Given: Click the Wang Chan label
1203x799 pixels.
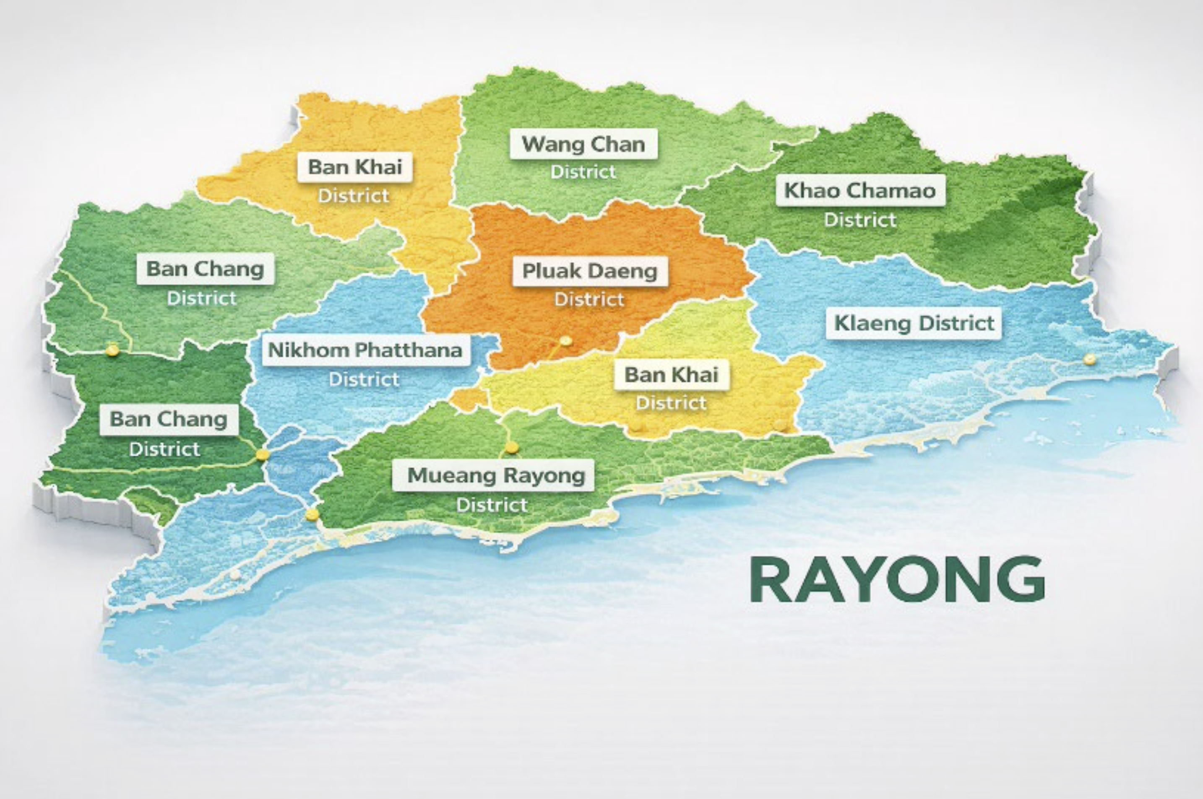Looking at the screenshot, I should click(583, 145).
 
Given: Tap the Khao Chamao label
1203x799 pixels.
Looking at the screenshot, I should click(860, 191).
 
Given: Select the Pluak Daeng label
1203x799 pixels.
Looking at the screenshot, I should click(590, 271).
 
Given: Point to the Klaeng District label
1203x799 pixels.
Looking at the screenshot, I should click(914, 323).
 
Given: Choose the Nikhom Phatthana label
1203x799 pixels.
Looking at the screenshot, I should click(365, 350).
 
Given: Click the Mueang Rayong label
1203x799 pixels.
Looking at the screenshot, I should click(496, 475).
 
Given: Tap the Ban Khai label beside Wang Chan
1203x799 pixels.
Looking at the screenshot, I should click(355, 166).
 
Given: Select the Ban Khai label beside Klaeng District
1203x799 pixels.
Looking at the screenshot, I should click(671, 375).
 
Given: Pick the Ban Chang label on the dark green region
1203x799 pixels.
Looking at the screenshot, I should click(169, 419).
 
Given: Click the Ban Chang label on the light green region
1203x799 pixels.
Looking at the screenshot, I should click(206, 269).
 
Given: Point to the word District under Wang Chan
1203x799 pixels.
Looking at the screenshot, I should click(583, 172).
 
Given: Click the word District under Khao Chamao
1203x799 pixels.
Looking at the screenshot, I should click(860, 220).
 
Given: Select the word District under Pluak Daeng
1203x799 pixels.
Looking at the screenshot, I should click(589, 300).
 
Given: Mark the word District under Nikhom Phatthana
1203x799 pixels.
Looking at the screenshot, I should click(364, 379).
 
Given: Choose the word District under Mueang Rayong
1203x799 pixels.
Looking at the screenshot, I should click(492, 505).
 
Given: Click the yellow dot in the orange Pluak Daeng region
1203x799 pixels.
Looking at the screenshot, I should click(564, 340).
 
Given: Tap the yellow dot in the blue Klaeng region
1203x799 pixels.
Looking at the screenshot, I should click(1089, 359).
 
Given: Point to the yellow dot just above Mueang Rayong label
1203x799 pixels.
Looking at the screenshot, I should click(512, 447).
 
